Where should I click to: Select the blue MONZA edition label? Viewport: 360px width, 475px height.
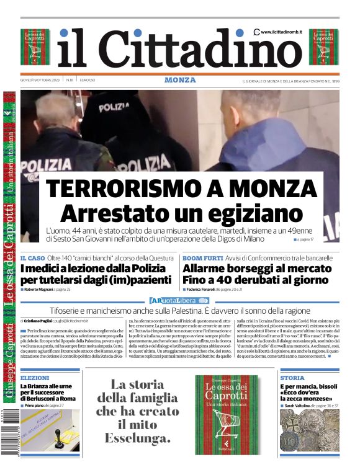click(180, 80)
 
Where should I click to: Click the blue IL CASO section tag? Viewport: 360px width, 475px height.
click(32, 257)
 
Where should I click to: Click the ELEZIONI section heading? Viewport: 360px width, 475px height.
click(35, 378)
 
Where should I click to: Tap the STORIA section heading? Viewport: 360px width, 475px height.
click(292, 378)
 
